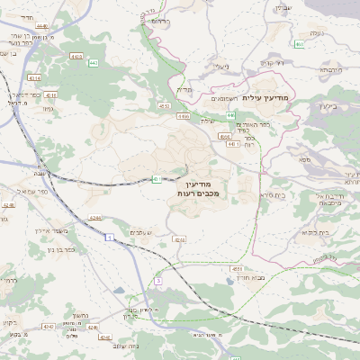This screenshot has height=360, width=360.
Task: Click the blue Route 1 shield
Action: coord(108,237)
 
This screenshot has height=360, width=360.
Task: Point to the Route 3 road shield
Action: coord(157,282)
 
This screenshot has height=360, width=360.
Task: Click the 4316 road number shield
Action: coord(50,94)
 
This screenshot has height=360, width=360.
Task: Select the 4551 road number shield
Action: coord(238,268)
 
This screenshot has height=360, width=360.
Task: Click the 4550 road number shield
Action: coord(165,105)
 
